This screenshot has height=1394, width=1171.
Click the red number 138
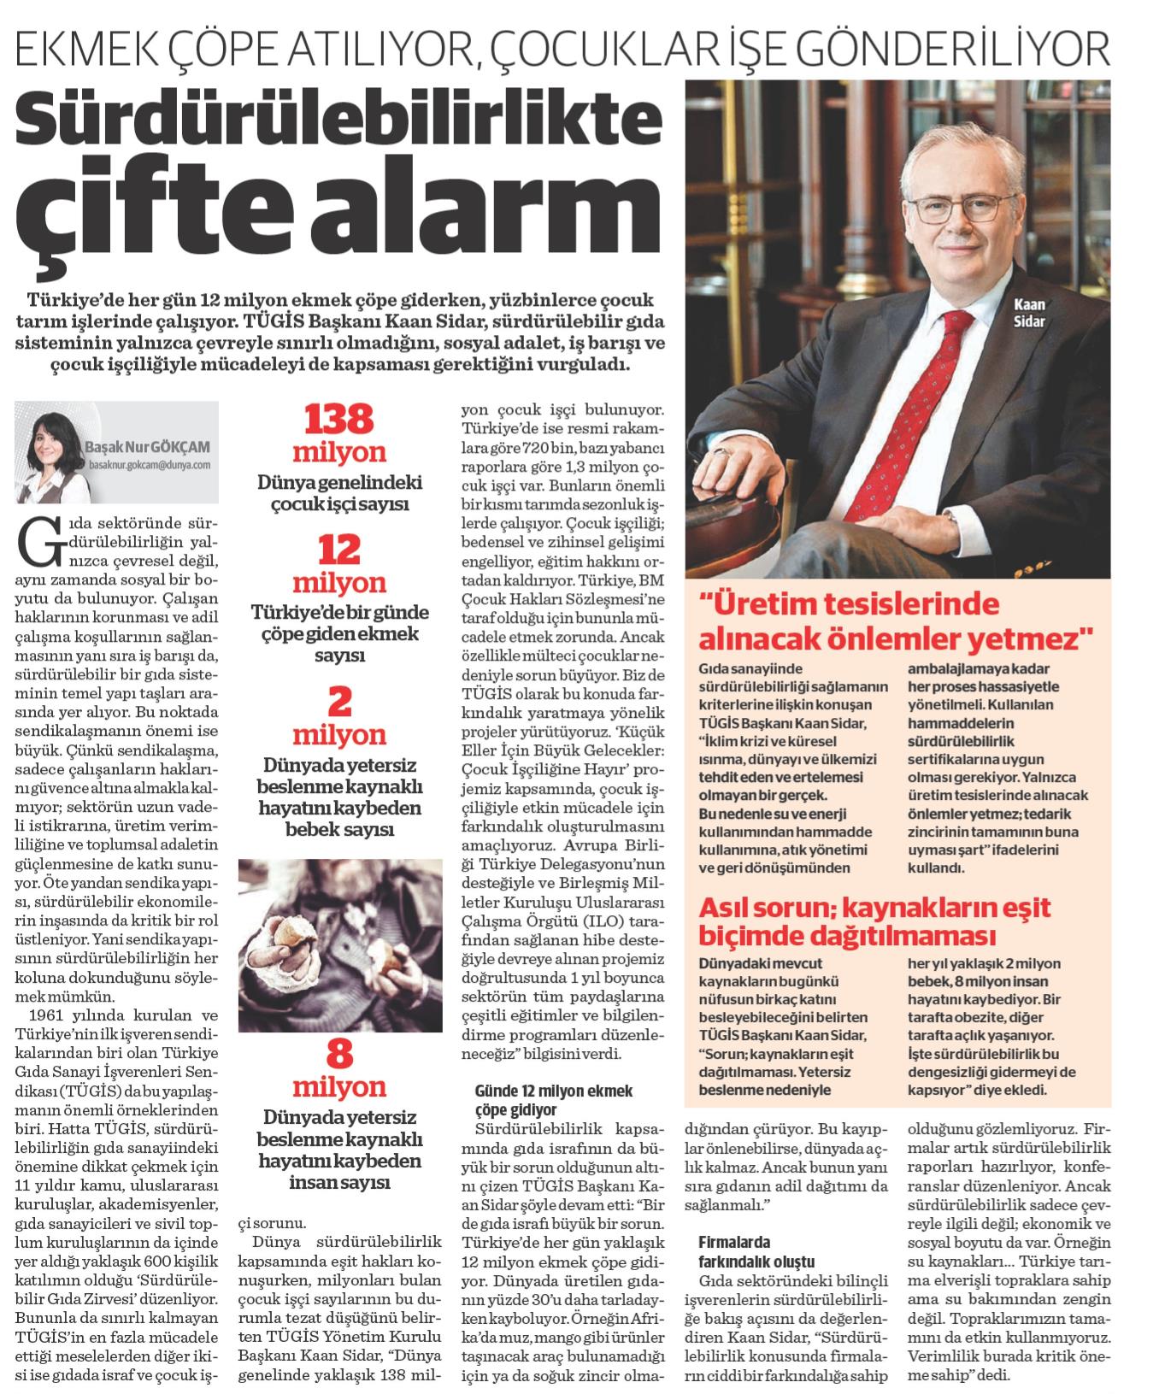pyautogui.click(x=339, y=421)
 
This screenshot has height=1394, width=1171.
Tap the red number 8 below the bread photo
pyautogui.click(x=339, y=1056)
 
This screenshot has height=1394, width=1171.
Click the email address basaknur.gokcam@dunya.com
pyautogui.click(x=149, y=466)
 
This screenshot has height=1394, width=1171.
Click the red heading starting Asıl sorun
pyautogui.click(x=875, y=920)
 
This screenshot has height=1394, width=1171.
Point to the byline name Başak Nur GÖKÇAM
pyautogui.click(x=147, y=447)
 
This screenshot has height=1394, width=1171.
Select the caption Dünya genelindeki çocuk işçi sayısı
pyautogui.click(x=339, y=494)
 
